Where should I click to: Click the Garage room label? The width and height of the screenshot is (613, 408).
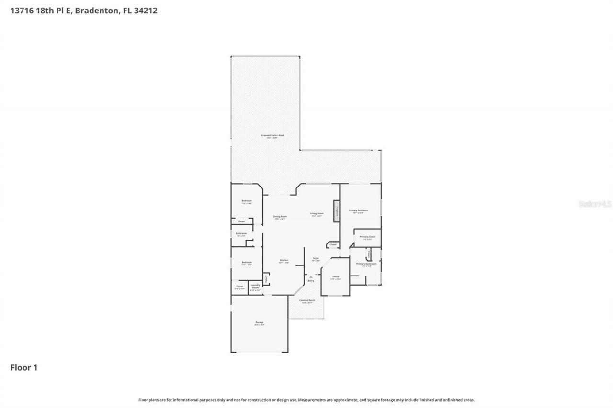[x=259, y=322]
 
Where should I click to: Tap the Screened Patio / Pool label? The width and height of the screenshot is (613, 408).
[x=272, y=135]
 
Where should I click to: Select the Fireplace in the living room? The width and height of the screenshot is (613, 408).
[x=337, y=211]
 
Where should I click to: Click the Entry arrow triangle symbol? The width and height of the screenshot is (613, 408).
[x=311, y=276]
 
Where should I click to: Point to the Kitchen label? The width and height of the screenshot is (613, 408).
[x=284, y=260]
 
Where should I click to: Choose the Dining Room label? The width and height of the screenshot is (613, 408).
[x=280, y=216]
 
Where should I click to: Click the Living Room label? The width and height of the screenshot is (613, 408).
[x=317, y=213]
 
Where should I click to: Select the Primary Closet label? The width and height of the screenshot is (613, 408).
[x=368, y=237]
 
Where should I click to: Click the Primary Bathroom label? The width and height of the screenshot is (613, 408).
[x=366, y=264]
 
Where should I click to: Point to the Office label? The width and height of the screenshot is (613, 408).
[x=336, y=277]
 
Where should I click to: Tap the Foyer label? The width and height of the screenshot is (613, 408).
[x=316, y=258]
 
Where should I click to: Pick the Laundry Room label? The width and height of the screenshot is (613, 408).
[x=255, y=287]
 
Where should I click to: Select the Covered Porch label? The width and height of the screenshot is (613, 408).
[x=306, y=300]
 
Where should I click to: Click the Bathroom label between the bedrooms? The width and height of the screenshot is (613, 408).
[x=241, y=233]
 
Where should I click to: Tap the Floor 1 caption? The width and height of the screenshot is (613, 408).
[x=24, y=368]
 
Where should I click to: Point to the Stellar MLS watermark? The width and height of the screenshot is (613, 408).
[x=595, y=204]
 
